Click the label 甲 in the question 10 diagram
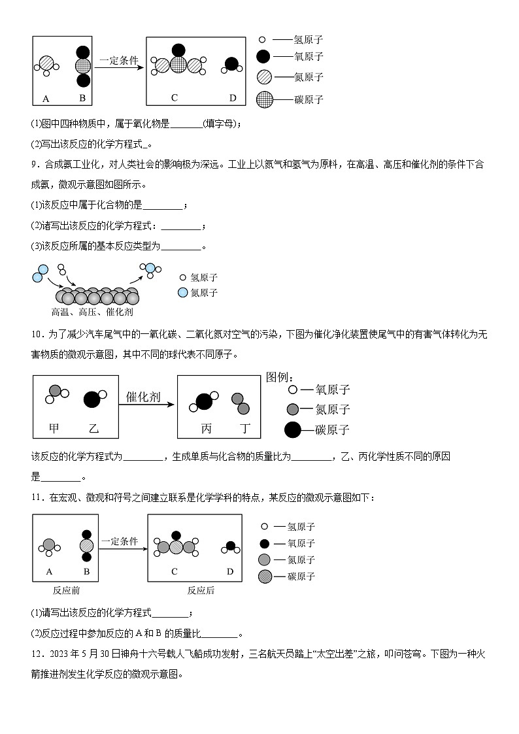pyautogui.click(x=54, y=429)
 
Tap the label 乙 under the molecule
pyautogui.click(x=93, y=429)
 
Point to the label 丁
pyautogui.click(x=245, y=429)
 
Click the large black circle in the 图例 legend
pyautogui.click(x=292, y=430)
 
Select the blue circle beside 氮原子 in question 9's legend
pyautogui.click(x=182, y=293)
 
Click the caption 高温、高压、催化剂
pyautogui.click(x=92, y=312)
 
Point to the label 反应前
pyautogui.click(x=66, y=590)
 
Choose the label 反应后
pyautogui.click(x=201, y=590)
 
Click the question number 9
pyautogui.click(x=35, y=165)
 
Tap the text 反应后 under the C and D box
pyautogui.click(x=201, y=590)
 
